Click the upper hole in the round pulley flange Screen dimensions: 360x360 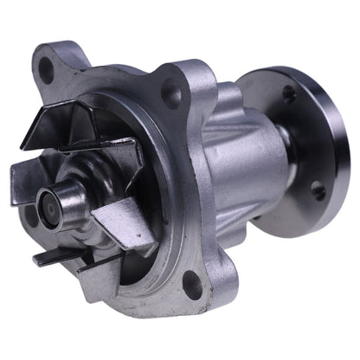(286, 91)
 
